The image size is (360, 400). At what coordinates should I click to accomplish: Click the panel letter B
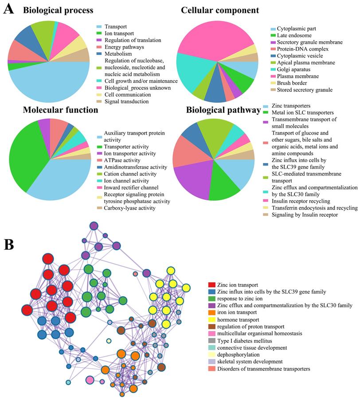(x=8, y=245)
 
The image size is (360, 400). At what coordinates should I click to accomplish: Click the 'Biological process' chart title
(x=58, y=10)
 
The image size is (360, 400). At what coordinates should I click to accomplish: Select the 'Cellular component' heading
(x=220, y=10)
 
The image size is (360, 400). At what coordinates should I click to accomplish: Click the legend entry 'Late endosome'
(x=295, y=35)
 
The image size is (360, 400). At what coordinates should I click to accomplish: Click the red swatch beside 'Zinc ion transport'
(x=212, y=284)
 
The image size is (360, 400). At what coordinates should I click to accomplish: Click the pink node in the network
(x=90, y=380)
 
